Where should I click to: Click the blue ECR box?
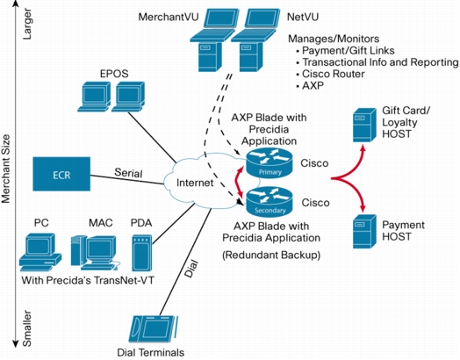click(61, 174)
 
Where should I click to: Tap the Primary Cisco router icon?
click(269, 163)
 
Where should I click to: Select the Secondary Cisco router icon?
click(270, 202)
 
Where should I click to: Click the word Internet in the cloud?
click(195, 183)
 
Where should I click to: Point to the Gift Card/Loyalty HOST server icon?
click(364, 125)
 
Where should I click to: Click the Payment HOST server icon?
click(364, 232)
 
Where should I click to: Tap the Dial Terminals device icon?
click(153, 329)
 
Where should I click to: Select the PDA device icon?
click(141, 253)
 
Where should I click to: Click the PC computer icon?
click(40, 252)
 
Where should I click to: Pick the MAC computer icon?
click(95, 253)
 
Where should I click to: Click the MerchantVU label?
click(169, 17)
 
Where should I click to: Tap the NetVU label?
click(303, 17)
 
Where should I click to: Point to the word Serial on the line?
click(128, 173)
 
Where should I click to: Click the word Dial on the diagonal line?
click(191, 269)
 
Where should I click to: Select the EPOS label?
click(114, 74)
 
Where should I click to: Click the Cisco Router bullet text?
click(334, 74)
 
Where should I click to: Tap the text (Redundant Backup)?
click(271, 255)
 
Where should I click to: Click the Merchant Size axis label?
click(6, 169)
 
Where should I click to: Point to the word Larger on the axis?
click(27, 24)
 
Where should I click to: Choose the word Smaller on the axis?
click(27, 328)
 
